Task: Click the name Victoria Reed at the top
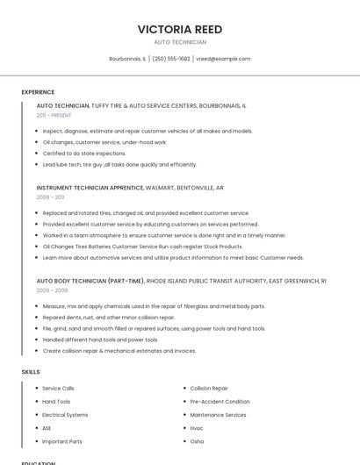click(180, 29)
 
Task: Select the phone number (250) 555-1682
click(171, 59)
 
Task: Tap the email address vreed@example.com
click(223, 59)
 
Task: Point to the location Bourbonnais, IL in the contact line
click(127, 59)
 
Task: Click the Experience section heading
click(38, 92)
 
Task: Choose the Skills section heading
click(31, 372)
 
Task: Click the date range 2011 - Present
click(54, 115)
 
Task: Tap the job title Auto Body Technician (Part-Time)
click(90, 281)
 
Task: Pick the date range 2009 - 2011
click(50, 197)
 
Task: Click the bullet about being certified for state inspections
click(84, 154)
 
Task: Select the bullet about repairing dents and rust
click(109, 318)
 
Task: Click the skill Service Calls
click(58, 388)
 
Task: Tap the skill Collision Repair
click(209, 388)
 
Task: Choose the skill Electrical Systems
click(65, 415)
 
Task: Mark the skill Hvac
click(197, 428)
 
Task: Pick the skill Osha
click(197, 441)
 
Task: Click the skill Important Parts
click(62, 441)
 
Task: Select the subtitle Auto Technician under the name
click(180, 42)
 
